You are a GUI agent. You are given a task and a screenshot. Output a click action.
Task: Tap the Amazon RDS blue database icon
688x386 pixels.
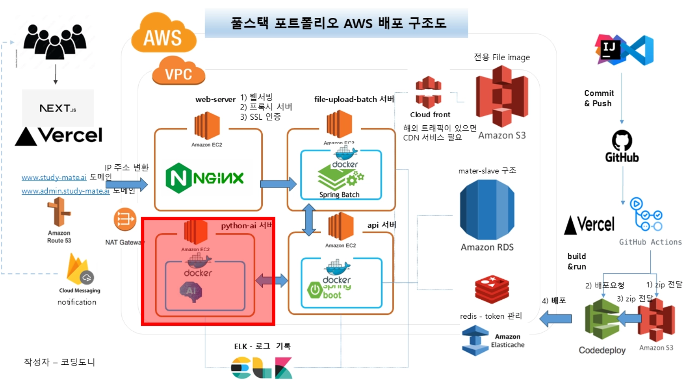coord(487,209)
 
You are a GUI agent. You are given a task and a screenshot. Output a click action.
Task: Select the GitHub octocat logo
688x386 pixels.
coord(622,141)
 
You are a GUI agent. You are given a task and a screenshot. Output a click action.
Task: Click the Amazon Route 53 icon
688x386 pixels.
coord(59,212)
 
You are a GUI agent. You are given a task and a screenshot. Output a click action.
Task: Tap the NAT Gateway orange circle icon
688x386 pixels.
coord(125,219)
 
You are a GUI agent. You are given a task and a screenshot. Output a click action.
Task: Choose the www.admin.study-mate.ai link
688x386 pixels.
coord(65,191)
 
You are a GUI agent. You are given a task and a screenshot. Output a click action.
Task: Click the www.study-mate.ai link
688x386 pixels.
coord(54,177)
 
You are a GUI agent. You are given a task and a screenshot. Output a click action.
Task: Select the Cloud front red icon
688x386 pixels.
coord(428,92)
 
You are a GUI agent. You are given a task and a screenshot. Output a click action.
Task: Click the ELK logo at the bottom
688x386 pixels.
coord(261,368)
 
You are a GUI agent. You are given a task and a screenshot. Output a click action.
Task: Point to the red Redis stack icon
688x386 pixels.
coord(492,289)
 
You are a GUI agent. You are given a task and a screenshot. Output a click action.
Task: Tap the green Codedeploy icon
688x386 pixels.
coord(602,319)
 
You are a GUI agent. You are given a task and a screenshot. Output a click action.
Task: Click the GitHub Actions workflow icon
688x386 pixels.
coord(646,215)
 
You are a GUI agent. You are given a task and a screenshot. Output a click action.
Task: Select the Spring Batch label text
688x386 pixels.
coord(339,195)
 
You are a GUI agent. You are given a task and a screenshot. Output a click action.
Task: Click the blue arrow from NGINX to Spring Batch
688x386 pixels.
coord(278,184)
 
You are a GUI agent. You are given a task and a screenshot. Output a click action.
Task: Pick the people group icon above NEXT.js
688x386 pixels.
coord(55,41)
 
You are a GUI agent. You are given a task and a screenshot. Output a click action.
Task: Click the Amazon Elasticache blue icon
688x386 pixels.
coord(475,340)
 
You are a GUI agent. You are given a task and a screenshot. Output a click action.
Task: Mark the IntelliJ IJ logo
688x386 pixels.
coord(609,49)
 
